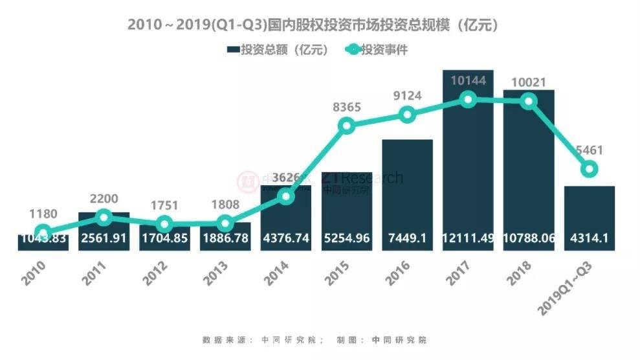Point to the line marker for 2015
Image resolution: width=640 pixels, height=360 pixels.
click(347, 126)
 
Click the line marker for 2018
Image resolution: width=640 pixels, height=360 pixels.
click(529, 101)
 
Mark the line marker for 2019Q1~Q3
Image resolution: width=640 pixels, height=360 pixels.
click(589, 170)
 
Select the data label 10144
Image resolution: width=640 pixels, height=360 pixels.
click(468, 80)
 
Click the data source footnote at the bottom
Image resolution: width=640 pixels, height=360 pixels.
click(314, 339)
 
